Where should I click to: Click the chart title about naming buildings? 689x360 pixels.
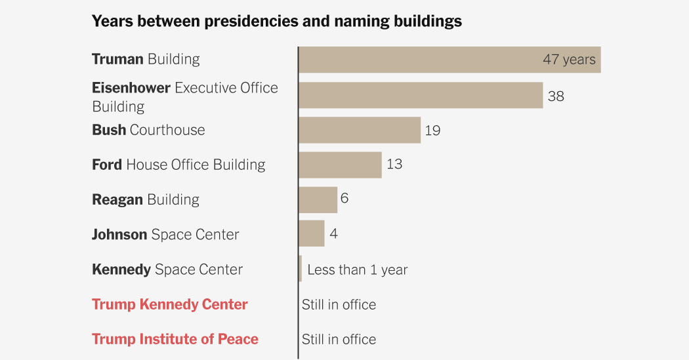click(276, 22)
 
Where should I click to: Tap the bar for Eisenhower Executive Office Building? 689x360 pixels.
click(421, 96)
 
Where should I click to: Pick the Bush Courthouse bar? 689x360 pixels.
click(360, 130)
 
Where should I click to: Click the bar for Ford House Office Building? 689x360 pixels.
click(340, 165)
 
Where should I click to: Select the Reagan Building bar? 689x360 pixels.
click(318, 199)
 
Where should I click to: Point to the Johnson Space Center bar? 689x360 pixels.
click(312, 234)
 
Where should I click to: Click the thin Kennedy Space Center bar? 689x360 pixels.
click(301, 269)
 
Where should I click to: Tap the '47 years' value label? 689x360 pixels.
click(569, 60)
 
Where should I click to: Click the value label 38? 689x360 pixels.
click(556, 96)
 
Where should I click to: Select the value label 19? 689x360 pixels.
click(432, 130)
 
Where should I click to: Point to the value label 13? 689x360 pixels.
click(394, 164)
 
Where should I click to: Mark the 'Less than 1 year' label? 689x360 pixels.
click(357, 270)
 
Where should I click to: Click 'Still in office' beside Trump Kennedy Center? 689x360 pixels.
click(339, 304)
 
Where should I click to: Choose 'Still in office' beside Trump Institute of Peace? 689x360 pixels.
click(339, 339)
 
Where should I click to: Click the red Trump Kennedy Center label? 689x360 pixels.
click(170, 304)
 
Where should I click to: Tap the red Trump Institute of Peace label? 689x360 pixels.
click(175, 339)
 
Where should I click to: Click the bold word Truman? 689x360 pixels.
click(117, 59)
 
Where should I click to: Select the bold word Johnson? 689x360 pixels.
click(119, 234)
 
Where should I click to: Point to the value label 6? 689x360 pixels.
click(344, 198)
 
